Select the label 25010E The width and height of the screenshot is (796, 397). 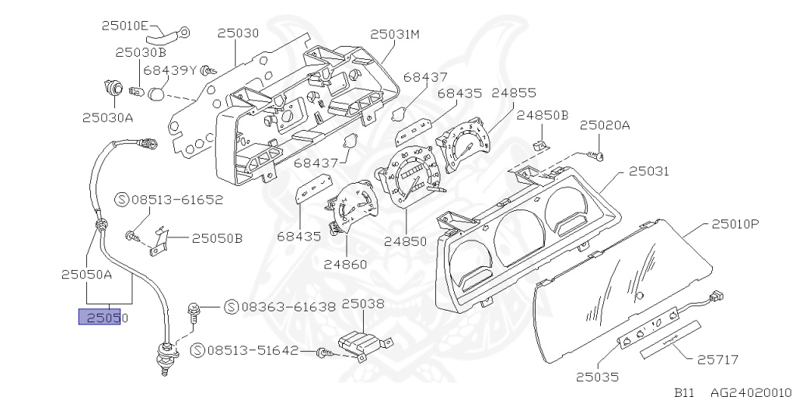[x=124, y=26]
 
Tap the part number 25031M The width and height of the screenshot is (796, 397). [x=395, y=34]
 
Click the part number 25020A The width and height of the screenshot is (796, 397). [x=604, y=125]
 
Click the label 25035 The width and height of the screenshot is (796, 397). [x=597, y=378]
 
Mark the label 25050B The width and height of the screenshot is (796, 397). [x=217, y=238]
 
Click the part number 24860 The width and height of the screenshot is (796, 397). [x=345, y=264]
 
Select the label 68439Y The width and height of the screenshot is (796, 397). [x=171, y=70]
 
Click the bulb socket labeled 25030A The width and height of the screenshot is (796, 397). [x=113, y=88]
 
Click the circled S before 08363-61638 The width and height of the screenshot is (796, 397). [x=232, y=307]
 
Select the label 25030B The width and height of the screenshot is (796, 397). [x=141, y=53]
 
